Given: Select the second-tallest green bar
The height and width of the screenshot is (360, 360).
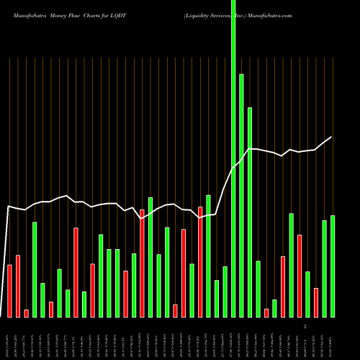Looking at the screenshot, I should tap(241, 194).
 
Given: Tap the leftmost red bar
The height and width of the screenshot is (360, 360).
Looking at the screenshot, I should tap(9, 291).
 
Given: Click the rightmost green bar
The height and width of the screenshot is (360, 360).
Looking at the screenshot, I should tap(333, 266).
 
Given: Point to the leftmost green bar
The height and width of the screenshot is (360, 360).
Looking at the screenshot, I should tap(35, 269).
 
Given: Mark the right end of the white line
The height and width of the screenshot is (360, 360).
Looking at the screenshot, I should tap(331, 137).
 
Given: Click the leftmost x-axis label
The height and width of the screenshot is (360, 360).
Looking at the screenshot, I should tap(9, 338).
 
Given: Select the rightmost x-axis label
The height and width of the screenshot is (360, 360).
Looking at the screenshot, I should tap(332, 338).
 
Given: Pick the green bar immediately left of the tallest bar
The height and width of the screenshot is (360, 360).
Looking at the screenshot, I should tap(225, 292).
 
